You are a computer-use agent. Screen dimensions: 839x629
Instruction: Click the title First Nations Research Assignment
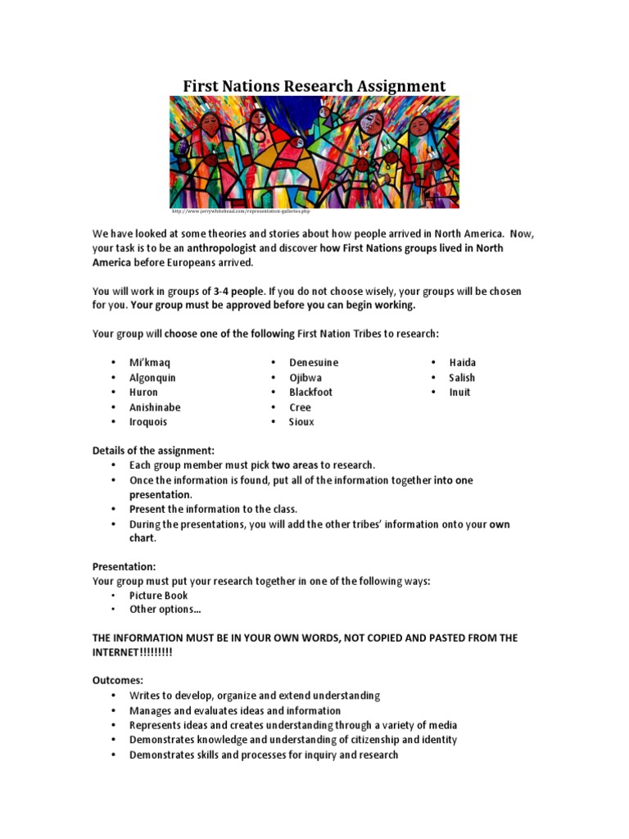click(314, 86)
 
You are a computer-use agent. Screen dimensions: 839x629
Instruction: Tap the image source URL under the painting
click(242, 211)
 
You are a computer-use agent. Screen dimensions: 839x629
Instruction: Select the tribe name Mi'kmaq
click(151, 362)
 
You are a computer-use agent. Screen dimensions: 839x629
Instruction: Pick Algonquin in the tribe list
click(152, 378)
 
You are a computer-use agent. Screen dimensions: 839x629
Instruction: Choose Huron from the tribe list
click(143, 392)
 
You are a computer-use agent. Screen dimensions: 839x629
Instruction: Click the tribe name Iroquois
click(148, 422)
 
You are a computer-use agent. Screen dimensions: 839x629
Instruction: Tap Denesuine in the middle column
click(314, 362)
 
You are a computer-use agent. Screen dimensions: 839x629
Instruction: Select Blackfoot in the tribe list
click(311, 392)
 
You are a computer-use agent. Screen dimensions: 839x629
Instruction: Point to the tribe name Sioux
click(301, 422)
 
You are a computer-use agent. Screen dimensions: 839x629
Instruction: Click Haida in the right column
click(462, 362)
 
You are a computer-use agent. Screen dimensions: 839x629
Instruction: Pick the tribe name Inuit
click(459, 392)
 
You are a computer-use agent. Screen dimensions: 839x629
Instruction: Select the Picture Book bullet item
click(158, 596)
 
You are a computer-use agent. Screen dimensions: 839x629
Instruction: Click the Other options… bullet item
click(165, 610)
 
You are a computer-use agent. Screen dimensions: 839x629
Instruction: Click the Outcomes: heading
click(117, 680)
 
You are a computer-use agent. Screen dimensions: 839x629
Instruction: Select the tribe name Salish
click(462, 378)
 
